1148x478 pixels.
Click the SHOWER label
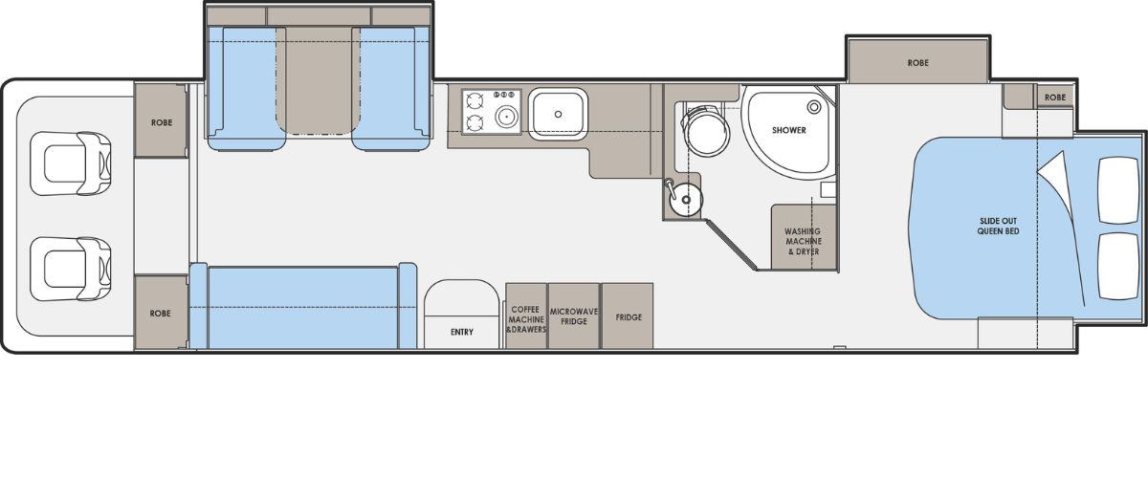point(788,130)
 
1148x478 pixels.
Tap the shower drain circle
point(814,107)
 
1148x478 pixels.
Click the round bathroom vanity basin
point(686,200)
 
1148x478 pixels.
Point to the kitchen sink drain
point(558,115)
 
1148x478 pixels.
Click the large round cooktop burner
point(506,117)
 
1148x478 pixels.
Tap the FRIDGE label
point(629,317)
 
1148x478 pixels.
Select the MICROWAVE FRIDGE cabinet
point(573,315)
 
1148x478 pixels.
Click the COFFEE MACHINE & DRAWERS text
point(526,319)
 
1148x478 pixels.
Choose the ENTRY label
point(462,332)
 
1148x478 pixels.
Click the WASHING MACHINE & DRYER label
point(803,241)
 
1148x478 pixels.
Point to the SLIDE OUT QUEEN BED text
point(998,226)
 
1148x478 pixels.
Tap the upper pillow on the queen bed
point(1118,190)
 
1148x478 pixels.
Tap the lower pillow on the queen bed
point(1118,267)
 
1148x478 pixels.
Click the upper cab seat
point(70,163)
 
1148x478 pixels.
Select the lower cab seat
point(70,269)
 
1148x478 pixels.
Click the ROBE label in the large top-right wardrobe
point(917,63)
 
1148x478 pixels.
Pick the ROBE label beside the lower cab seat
point(160,313)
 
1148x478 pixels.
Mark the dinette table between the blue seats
point(319,80)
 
